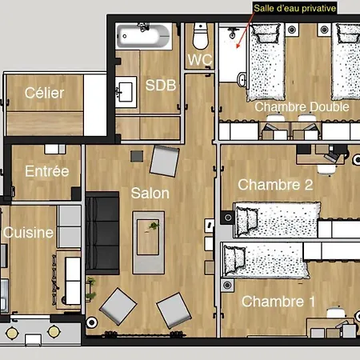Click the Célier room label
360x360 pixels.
[x=44, y=93]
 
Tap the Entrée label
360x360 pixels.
[x=47, y=171]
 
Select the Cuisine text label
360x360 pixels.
[x=28, y=233]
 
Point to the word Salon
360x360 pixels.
[x=150, y=193]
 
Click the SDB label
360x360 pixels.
[x=161, y=86]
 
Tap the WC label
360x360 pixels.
[x=200, y=60]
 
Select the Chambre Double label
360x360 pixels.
[x=302, y=107]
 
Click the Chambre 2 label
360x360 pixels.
[x=275, y=185]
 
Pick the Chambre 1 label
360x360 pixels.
[x=278, y=302]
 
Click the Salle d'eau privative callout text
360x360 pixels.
[x=294, y=8]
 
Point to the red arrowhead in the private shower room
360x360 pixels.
[x=238, y=46]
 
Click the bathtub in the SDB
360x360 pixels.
[x=144, y=36]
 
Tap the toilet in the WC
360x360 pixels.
[x=200, y=36]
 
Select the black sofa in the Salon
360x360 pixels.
[x=102, y=233]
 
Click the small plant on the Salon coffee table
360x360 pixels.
[x=154, y=226]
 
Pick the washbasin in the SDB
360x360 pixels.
[x=126, y=92]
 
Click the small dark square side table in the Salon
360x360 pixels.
[x=137, y=156]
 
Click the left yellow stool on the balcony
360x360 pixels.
[x=12, y=333]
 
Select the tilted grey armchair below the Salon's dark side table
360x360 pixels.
[x=165, y=161]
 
